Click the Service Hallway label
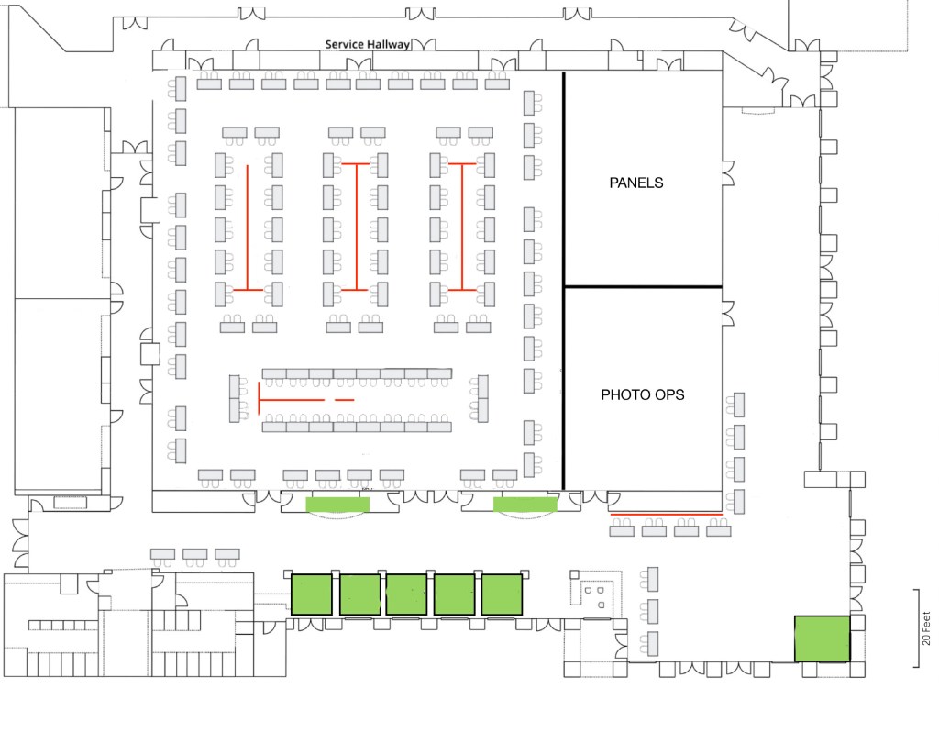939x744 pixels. pyautogui.click(x=368, y=44)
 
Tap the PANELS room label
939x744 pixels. pyautogui.click(x=636, y=183)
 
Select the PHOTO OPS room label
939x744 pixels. pyautogui.click(x=643, y=395)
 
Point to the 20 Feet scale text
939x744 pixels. pyautogui.click(x=926, y=627)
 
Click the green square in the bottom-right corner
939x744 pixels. pyautogui.click(x=822, y=639)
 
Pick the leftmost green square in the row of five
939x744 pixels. pyautogui.click(x=313, y=594)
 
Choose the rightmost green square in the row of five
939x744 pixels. pyautogui.click(x=502, y=594)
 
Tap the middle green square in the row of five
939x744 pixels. pyautogui.click(x=407, y=594)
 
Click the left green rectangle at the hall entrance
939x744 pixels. pyautogui.click(x=337, y=504)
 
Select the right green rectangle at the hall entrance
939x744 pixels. pyautogui.click(x=525, y=504)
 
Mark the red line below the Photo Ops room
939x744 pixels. pyautogui.click(x=666, y=514)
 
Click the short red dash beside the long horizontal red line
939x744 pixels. pyautogui.click(x=344, y=401)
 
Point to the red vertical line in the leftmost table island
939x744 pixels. pyautogui.click(x=248, y=227)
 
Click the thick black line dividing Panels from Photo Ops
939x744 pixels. pyautogui.click(x=642, y=287)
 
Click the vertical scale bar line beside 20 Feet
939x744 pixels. pyautogui.click(x=914, y=627)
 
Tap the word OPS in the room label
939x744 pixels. pyautogui.click(x=670, y=395)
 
